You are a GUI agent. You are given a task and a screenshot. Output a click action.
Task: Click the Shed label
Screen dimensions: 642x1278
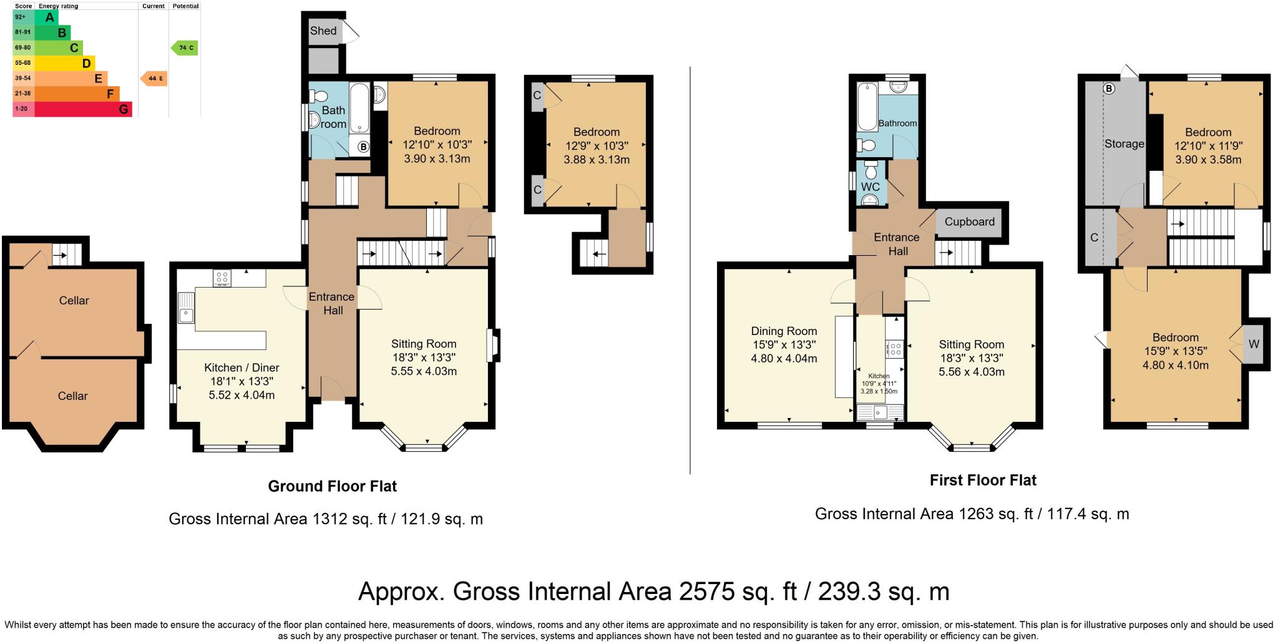click(x=323, y=31)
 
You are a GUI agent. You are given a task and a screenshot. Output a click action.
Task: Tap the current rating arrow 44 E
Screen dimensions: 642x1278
click(x=154, y=79)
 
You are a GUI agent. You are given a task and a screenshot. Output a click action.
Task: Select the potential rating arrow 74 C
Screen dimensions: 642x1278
click(x=185, y=47)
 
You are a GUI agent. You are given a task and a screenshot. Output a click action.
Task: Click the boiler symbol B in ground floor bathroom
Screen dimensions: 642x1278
click(x=363, y=147)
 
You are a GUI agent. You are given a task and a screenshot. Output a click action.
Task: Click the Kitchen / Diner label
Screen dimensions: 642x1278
click(x=241, y=367)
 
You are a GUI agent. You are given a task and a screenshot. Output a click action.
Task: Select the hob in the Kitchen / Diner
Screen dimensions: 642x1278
click(x=222, y=278)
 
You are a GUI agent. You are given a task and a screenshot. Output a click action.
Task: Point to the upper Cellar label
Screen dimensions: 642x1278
click(x=74, y=301)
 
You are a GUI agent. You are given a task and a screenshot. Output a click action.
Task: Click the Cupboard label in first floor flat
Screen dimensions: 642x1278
click(x=969, y=221)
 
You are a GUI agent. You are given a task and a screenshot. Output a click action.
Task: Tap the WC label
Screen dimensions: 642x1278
click(x=870, y=187)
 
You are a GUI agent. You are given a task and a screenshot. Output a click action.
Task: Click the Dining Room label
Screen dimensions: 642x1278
click(x=784, y=331)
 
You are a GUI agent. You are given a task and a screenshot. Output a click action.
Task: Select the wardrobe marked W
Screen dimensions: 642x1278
click(x=1253, y=344)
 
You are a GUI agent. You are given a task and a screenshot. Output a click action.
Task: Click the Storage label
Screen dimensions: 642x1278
click(x=1124, y=143)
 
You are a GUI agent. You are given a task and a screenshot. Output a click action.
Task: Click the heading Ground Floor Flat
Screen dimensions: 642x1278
click(x=332, y=486)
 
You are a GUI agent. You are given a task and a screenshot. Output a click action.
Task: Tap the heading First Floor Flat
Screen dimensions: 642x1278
click(x=983, y=480)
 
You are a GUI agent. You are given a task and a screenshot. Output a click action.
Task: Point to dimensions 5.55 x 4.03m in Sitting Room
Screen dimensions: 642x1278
click(x=424, y=371)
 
